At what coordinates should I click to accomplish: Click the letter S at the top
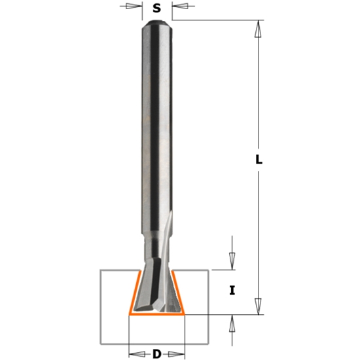tap(156, 9)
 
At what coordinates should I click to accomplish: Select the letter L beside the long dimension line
tap(259, 159)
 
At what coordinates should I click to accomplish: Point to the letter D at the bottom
tap(156, 354)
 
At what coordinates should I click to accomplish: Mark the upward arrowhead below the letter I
tap(232, 323)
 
